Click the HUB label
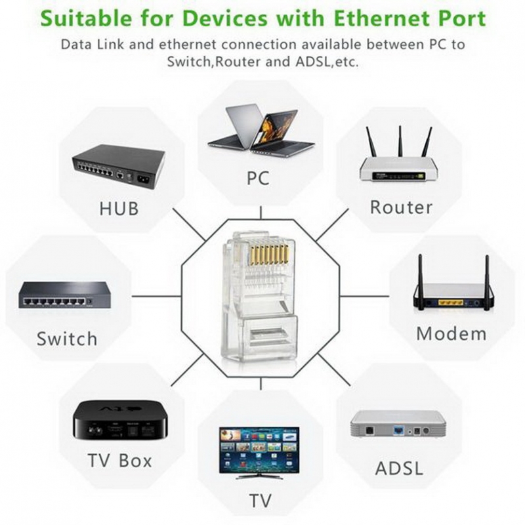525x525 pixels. click(x=119, y=208)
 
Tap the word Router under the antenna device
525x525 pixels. click(x=401, y=207)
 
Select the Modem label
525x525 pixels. click(x=451, y=334)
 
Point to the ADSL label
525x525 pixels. click(x=399, y=468)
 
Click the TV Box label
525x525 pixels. click(x=119, y=461)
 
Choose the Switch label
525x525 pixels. click(x=67, y=339)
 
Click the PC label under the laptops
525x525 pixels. click(x=258, y=178)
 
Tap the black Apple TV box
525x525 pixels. click(x=120, y=419)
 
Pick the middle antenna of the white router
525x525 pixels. click(x=400, y=141)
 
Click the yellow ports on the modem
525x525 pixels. click(x=451, y=303)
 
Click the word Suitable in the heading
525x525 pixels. click(x=86, y=19)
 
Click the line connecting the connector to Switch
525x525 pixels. click(x=156, y=296)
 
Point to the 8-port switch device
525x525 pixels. click(x=65, y=295)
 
